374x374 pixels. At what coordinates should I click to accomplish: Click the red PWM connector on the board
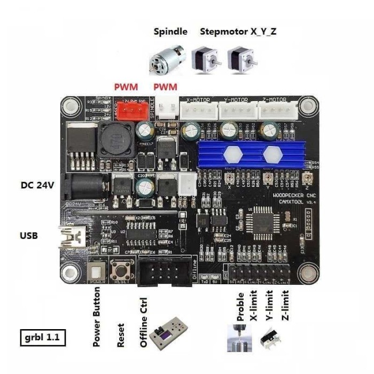click(x=132, y=111)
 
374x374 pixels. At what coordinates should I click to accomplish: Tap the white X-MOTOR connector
click(x=198, y=111)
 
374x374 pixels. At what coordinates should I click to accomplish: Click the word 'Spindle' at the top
click(x=170, y=32)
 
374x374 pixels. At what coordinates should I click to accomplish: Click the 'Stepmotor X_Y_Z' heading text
click(x=238, y=32)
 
